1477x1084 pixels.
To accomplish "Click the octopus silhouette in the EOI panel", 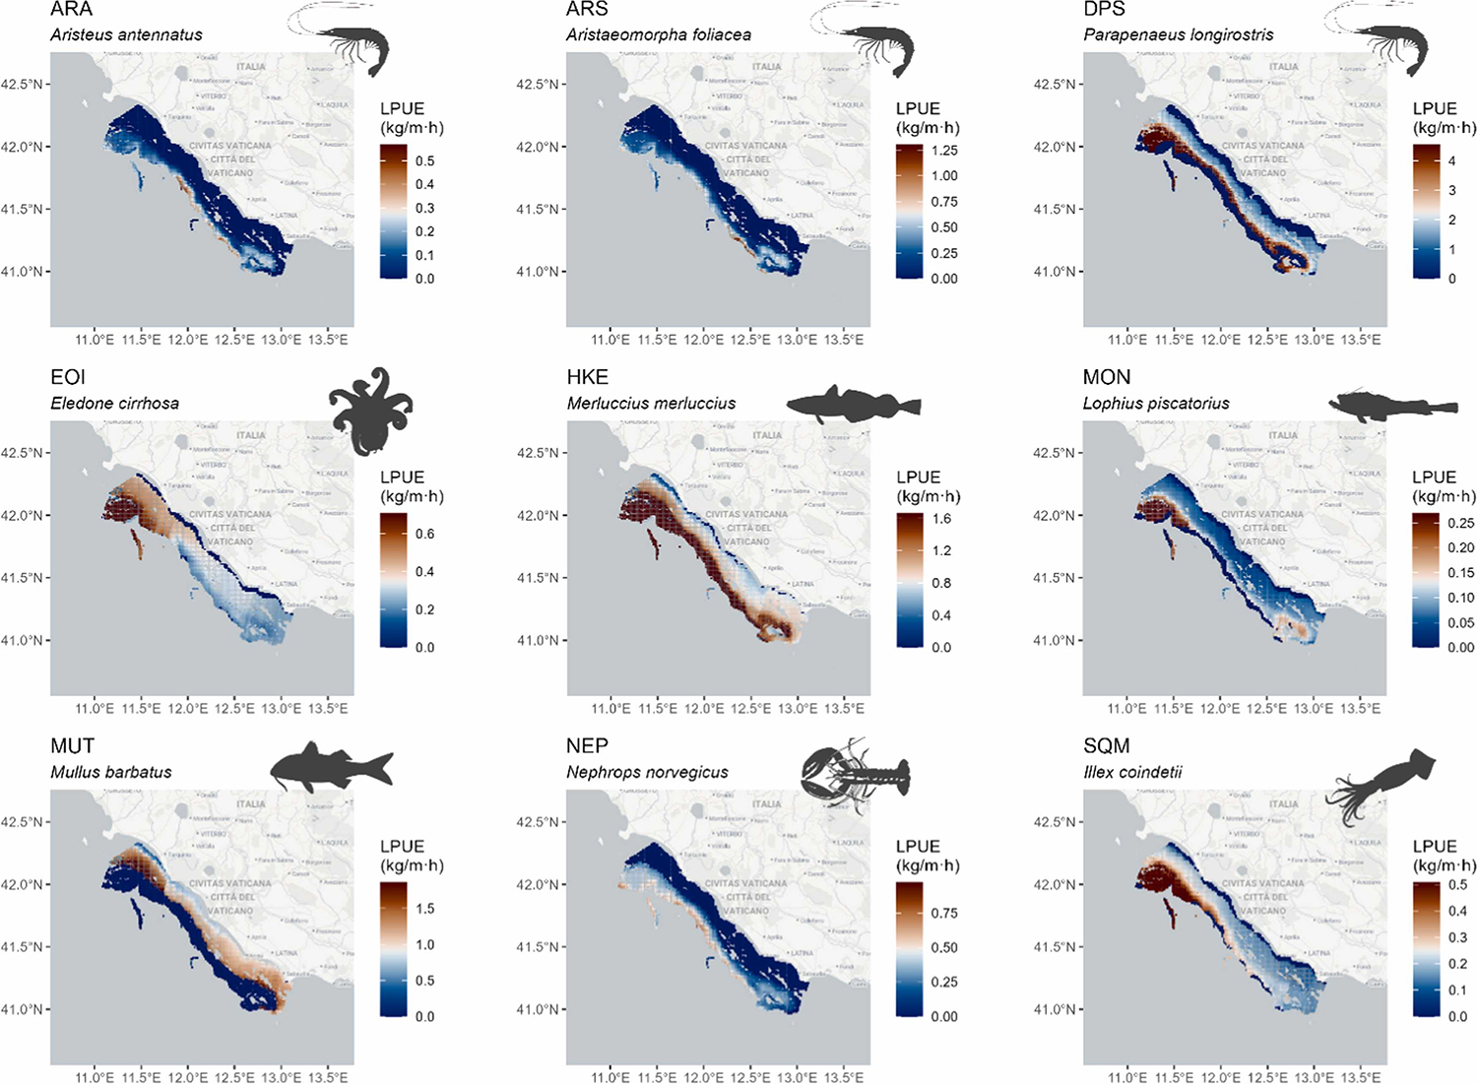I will tap(371, 412).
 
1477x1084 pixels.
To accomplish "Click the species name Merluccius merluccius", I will tap(651, 403).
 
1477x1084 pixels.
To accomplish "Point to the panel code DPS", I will tap(1104, 9).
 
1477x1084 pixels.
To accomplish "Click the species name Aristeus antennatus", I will tap(126, 34).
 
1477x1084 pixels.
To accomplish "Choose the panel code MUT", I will tap(73, 745).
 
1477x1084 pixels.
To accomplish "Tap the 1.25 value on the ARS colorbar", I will tap(944, 151).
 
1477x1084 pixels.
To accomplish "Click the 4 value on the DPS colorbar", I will tap(1452, 160).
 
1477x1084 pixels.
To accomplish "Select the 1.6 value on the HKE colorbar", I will tap(941, 519).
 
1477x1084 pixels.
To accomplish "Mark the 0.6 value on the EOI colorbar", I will tap(424, 534).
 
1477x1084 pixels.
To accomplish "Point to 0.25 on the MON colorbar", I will tap(1461, 523).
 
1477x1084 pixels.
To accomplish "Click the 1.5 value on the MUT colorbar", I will tap(424, 909).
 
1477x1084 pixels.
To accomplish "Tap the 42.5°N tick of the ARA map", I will tap(22, 85).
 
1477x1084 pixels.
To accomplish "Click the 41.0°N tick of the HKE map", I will tap(538, 640).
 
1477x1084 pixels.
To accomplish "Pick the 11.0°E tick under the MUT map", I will tap(95, 1077).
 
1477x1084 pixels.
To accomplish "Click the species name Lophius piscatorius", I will tap(1156, 403).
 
